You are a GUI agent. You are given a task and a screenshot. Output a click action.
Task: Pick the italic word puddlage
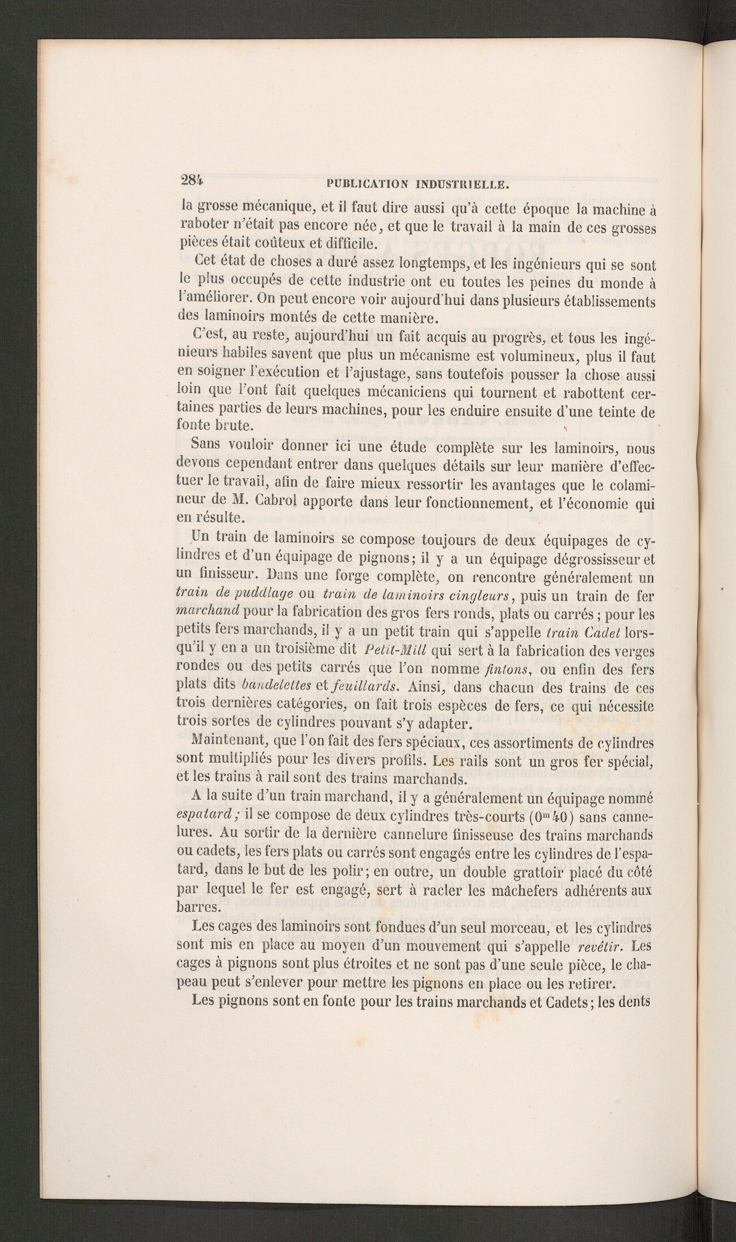(x=267, y=595)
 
